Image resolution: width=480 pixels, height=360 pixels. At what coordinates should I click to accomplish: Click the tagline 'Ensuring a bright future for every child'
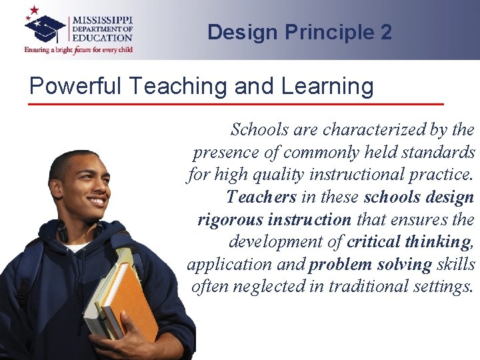[x=79, y=50]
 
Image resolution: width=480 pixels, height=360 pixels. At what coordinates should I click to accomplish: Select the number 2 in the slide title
[x=386, y=32]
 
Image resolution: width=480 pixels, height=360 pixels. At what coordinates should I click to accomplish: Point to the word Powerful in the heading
[x=70, y=86]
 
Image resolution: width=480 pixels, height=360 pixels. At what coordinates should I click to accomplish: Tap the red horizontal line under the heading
[x=237, y=105]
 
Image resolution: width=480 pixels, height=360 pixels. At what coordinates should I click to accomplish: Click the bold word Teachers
[x=261, y=197]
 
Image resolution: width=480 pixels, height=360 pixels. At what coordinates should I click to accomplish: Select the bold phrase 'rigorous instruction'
[x=274, y=219]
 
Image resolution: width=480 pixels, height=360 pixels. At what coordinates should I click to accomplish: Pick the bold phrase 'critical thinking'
[x=408, y=241]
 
